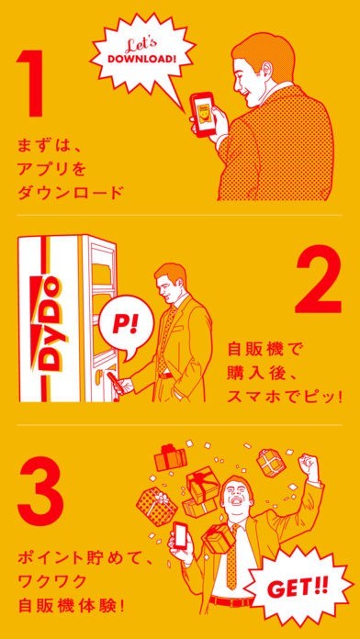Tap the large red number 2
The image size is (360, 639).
[319, 280]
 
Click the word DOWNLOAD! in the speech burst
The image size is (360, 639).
[142, 58]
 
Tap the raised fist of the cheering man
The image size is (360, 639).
[307, 463]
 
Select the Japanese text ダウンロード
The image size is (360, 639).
[69, 193]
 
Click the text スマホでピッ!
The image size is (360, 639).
[283, 395]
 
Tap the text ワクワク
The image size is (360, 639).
[51, 580]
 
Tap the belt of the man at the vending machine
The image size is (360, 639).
[165, 375]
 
